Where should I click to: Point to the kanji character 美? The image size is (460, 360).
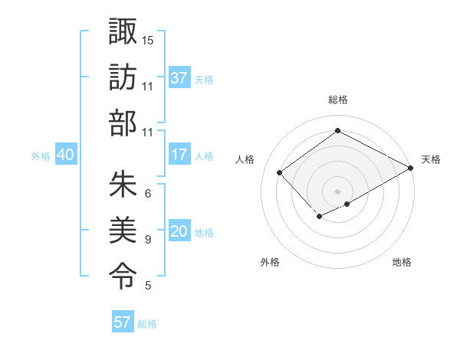[123, 231]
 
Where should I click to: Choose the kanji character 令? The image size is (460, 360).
[123, 276]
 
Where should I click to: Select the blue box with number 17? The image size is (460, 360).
[179, 155]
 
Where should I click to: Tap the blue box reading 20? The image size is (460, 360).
[179, 232]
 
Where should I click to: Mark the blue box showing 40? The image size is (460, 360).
[65, 155]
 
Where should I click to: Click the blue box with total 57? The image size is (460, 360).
[123, 322]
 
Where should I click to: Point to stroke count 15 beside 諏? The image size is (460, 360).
[148, 39]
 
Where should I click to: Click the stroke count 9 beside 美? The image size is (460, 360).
[148, 240]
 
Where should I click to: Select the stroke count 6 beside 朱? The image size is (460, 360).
[148, 193]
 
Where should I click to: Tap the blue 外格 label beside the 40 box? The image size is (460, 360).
[41, 155]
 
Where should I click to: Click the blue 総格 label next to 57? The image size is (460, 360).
[147, 324]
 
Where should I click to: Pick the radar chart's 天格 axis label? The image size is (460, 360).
[431, 159]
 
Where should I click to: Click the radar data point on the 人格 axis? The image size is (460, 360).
[280, 172]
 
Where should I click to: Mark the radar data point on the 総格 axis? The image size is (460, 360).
[337, 131]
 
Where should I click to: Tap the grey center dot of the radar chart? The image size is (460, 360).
[337, 190]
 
